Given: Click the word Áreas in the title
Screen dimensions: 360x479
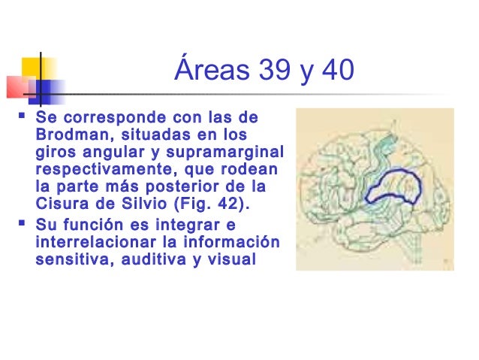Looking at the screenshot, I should tap(203, 72).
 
